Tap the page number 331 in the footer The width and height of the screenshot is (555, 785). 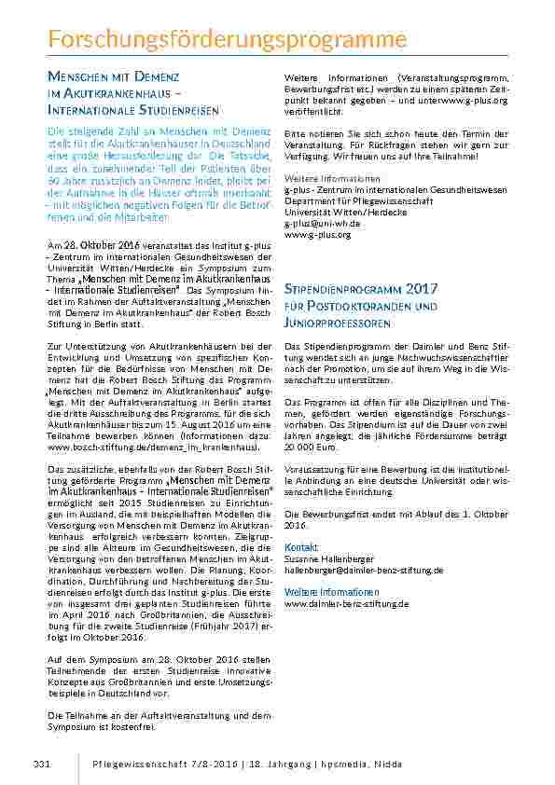[x=41, y=764]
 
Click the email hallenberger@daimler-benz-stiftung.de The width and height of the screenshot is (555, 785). [x=364, y=568]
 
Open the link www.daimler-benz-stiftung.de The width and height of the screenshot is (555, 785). [x=346, y=603]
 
